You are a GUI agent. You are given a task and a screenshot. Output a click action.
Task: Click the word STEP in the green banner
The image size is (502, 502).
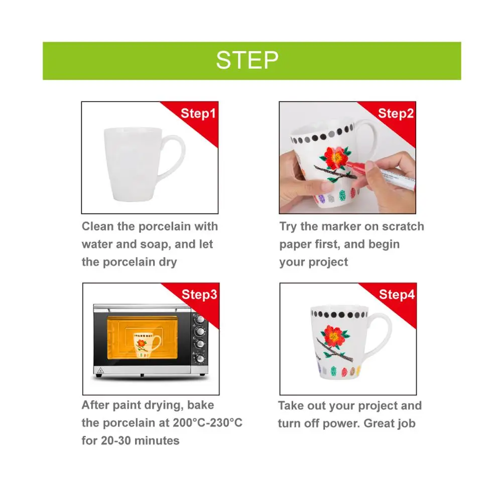(x=247, y=60)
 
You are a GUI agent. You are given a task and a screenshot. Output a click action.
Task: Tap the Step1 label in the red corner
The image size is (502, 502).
(x=198, y=113)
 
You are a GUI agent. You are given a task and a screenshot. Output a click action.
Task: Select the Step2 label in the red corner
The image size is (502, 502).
(x=396, y=113)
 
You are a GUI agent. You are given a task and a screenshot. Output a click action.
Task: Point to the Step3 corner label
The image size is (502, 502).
(x=199, y=295)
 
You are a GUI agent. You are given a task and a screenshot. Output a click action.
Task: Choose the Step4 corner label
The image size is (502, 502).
(x=397, y=295)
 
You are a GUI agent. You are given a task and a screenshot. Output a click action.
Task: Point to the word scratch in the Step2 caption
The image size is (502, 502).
(x=403, y=226)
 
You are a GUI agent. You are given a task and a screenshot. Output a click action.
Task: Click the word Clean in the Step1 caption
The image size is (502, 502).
(x=97, y=226)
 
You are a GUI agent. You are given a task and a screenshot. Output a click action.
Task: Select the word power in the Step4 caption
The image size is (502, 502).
(x=340, y=424)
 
